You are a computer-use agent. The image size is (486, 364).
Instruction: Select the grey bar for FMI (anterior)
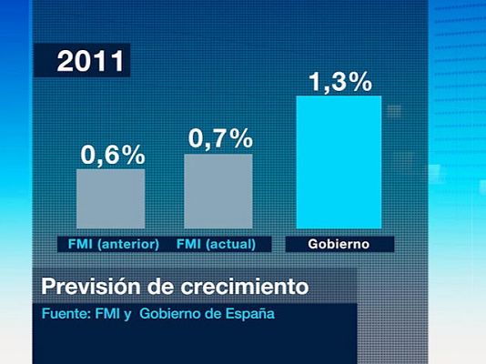[110, 198]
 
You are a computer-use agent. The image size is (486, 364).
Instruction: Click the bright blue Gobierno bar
[339, 162]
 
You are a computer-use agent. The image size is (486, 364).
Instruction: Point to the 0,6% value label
[113, 155]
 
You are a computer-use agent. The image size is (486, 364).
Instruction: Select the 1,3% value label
[340, 82]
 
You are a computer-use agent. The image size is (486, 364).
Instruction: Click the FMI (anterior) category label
[114, 244]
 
